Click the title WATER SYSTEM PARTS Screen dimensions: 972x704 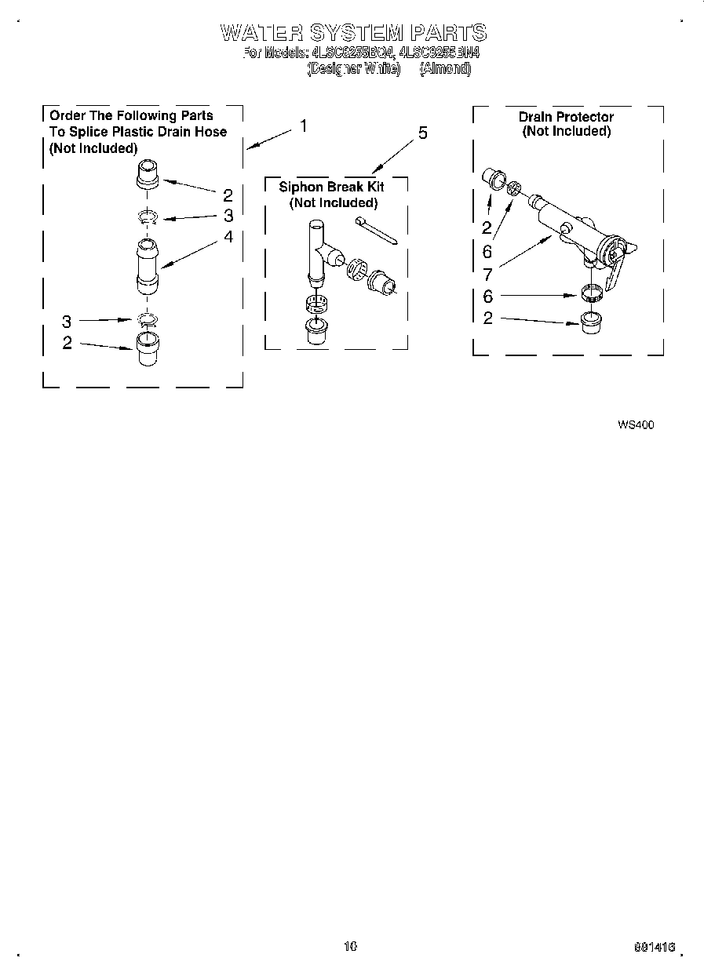click(353, 33)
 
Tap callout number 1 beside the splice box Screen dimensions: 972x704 click(303, 126)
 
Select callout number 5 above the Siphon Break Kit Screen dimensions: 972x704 click(422, 133)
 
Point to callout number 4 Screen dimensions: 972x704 click(228, 236)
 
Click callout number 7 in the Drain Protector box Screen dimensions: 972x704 click(487, 274)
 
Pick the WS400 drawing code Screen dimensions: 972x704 click(635, 424)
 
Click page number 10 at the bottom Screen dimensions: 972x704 click(350, 946)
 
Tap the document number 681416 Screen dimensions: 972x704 click(654, 948)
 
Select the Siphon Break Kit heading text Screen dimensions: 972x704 click(331, 187)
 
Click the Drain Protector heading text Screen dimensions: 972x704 click(566, 117)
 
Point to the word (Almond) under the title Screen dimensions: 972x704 click(445, 69)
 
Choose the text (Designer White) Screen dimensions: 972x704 click(353, 69)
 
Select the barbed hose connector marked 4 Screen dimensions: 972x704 click(147, 267)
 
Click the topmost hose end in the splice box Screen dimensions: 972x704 click(148, 174)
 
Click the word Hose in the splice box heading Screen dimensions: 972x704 click(212, 132)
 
